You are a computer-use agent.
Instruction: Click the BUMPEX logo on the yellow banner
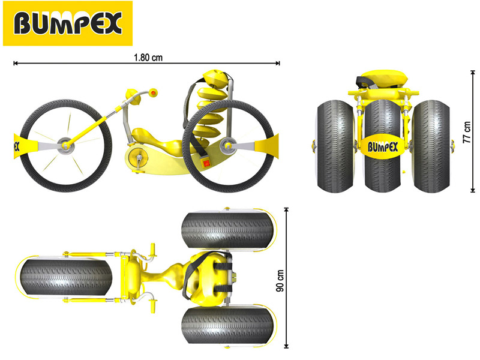coord(68,23)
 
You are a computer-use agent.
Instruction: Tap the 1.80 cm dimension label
coord(148,58)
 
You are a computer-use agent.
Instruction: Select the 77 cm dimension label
coord(467,132)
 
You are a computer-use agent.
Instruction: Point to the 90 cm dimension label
coord(280,280)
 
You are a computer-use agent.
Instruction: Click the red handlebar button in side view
coord(153,92)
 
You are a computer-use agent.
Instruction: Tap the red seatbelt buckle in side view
coord(206,163)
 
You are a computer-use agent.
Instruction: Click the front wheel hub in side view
coord(65,145)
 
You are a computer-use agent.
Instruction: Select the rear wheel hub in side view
coord(229,145)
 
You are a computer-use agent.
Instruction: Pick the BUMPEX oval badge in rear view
coord(383,147)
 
